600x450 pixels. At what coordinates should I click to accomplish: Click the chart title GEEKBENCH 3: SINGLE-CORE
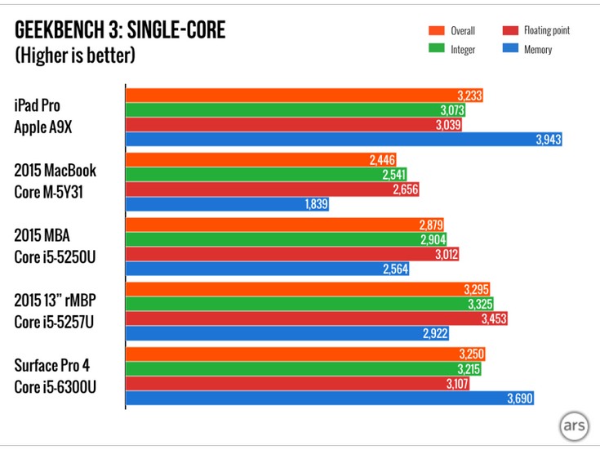pos(120,31)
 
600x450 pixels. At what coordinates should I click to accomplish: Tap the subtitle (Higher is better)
pos(75,56)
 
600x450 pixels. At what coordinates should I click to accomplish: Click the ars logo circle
pos(573,427)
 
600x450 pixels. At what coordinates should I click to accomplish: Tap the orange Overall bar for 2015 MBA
pos(285,223)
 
